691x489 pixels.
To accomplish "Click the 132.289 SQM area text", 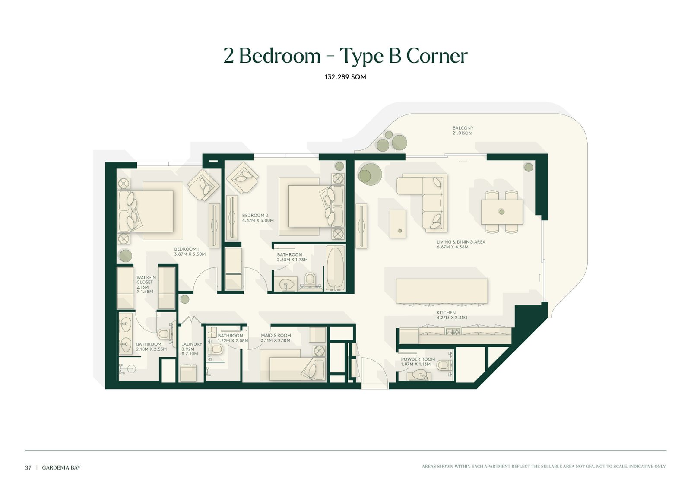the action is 345,77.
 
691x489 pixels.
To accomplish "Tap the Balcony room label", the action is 463,130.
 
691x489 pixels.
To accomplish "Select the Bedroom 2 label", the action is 257,218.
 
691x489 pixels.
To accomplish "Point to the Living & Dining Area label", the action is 461,244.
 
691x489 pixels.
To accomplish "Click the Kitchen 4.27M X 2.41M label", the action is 452,315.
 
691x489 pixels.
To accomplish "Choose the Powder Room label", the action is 418,362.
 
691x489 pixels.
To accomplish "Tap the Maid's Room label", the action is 276,338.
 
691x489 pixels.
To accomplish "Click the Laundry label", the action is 192,349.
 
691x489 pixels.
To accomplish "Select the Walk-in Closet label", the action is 146,284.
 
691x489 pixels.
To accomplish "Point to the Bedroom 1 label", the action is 190,251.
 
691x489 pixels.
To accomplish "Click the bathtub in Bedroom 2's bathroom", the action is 335,268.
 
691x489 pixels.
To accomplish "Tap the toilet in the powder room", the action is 444,365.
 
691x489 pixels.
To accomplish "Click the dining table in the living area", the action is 501,212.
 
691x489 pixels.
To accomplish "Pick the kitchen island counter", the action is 442,291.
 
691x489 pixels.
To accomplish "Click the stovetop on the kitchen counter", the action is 452,332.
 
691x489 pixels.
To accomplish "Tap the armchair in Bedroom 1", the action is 203,185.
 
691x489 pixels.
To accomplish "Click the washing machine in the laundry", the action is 188,373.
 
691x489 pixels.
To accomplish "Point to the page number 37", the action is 28,467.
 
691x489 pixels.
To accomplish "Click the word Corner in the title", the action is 437,56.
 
